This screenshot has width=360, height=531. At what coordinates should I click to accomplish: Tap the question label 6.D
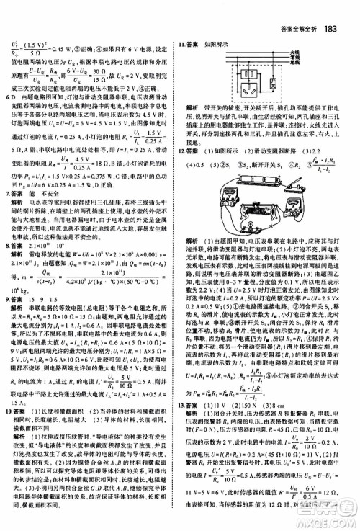click(x=10, y=95)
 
